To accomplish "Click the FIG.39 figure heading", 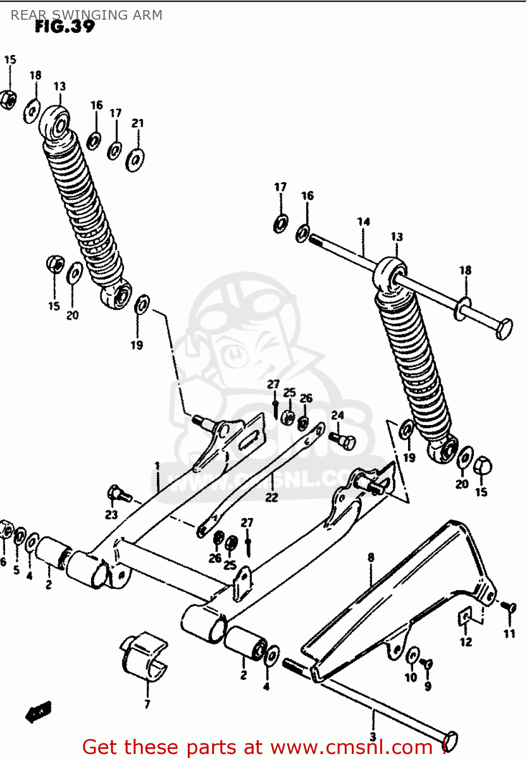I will pos(65,27).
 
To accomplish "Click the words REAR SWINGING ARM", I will pos(87,15).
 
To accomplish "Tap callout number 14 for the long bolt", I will pos(363,222).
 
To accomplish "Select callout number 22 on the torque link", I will pos(272,497).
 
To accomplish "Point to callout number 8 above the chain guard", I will pos(371,557).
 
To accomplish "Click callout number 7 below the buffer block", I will pos(147,704).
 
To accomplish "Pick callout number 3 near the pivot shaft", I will pos(373,737).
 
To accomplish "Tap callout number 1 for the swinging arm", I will pos(157,466).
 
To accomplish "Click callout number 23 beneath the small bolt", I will pos(111,515).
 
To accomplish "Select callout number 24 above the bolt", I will pos(338,415).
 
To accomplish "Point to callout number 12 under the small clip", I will pos(466,642).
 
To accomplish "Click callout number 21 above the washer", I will pos(138,123).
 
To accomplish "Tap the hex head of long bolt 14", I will pos(504,329).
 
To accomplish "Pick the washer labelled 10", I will pos(413,656).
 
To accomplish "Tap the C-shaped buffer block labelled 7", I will pos(144,655).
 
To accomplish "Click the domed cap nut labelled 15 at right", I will pos(482,466).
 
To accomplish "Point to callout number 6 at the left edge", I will pos(3,562).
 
